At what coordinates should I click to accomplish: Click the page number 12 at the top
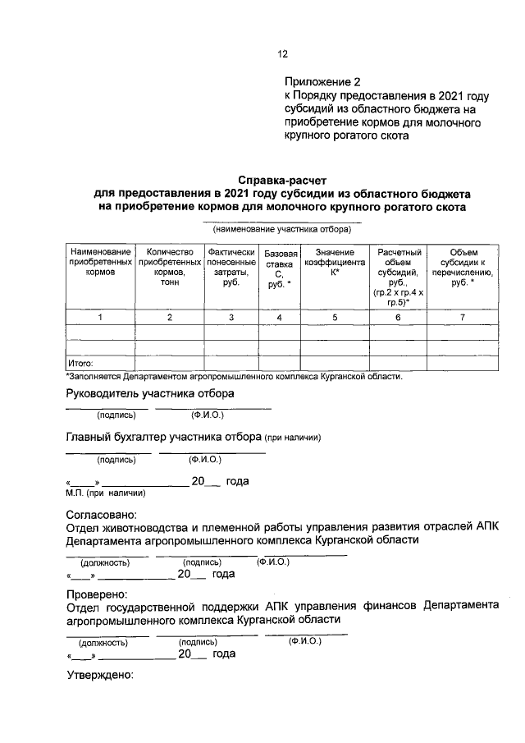(282, 54)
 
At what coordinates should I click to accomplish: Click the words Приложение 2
(322, 82)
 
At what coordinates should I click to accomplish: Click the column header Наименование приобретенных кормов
(99, 261)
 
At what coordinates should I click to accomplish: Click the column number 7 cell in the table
(462, 317)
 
